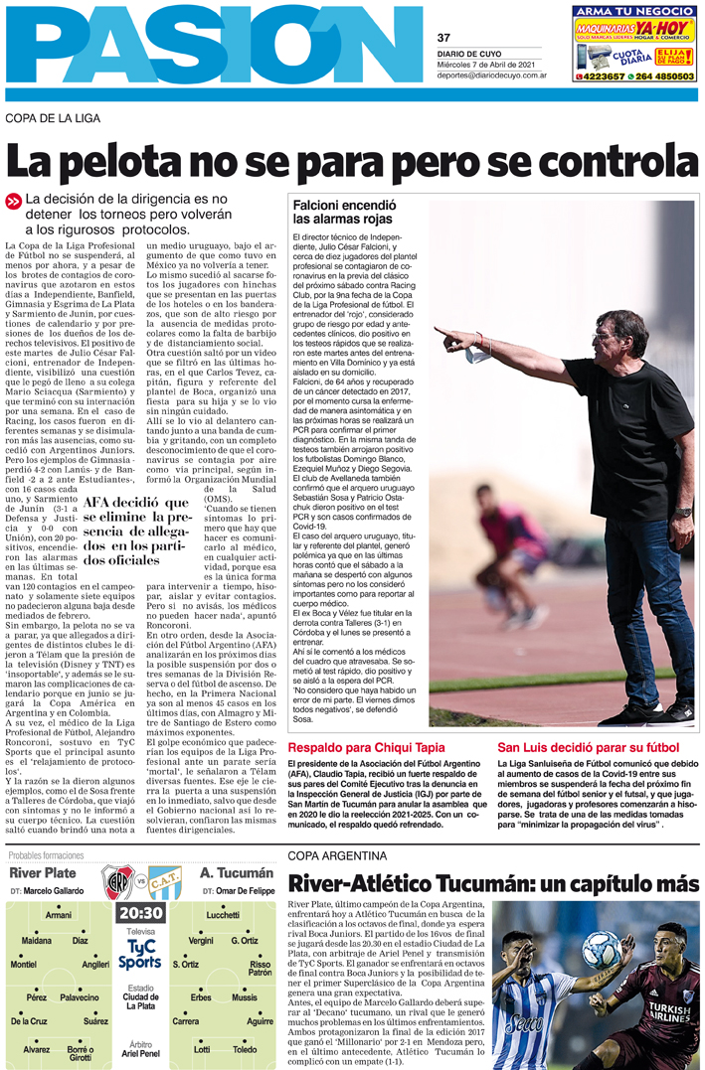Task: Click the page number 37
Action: click(x=444, y=39)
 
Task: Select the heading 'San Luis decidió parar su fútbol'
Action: click(x=588, y=719)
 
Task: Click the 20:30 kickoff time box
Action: click(x=140, y=913)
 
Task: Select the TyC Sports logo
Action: click(x=140, y=956)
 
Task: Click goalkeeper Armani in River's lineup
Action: click(x=59, y=915)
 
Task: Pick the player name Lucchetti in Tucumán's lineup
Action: click(x=222, y=915)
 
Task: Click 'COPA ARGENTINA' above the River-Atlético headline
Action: click(x=337, y=856)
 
